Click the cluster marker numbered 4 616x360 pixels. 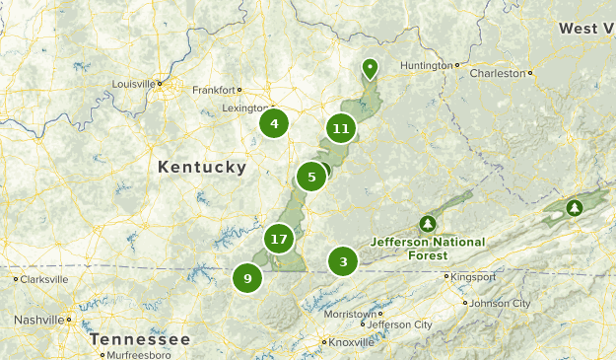coord(274,124)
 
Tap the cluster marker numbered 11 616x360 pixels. coord(341,128)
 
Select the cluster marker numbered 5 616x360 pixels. coord(311,178)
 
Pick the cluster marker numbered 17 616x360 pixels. coord(279,239)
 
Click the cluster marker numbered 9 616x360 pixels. coord(247,278)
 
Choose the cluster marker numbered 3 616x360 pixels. coord(343,261)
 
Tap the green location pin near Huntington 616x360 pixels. coord(370,68)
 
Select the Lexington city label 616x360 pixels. coord(241,107)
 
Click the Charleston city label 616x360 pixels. coord(497,73)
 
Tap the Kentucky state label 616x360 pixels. coord(202,168)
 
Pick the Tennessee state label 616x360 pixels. coord(139,338)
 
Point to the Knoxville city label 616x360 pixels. coord(352,342)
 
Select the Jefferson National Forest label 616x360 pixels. coord(428,248)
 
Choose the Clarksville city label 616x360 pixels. coord(44,279)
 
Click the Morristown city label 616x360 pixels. coord(350,313)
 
